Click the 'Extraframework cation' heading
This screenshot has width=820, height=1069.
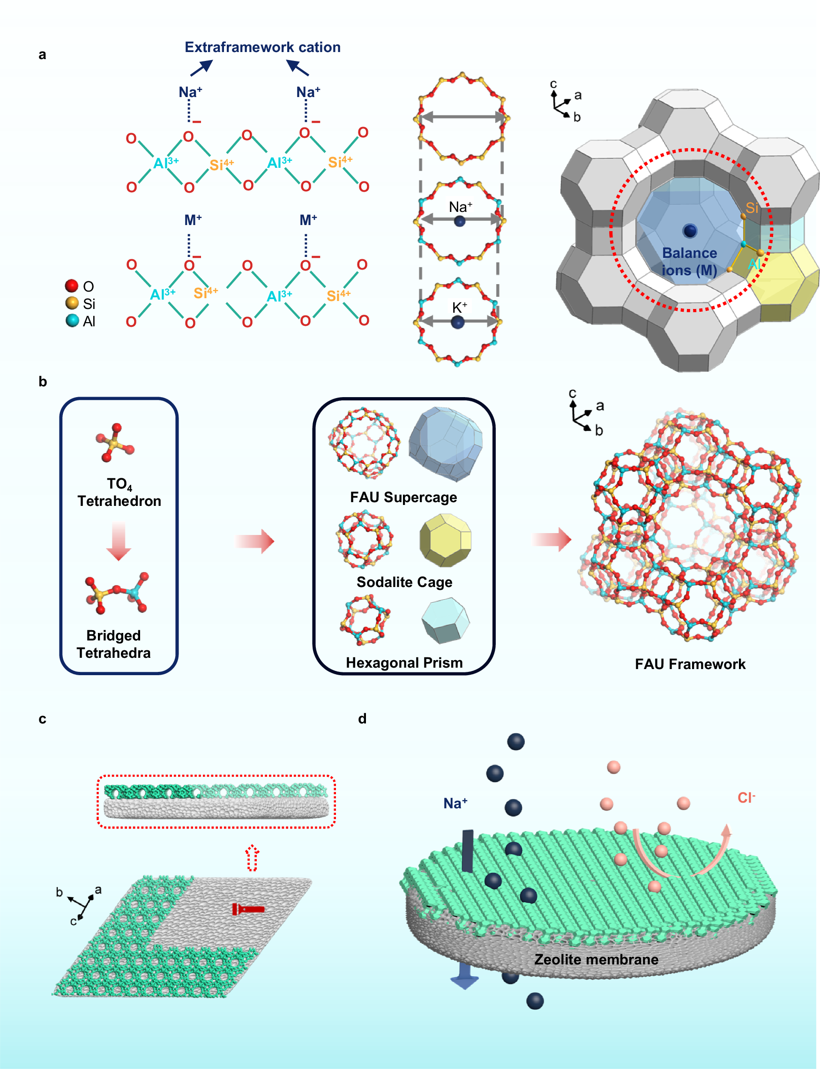pos(262,47)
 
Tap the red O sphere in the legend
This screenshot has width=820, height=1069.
pos(72,286)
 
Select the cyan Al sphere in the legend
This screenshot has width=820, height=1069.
pos(72,320)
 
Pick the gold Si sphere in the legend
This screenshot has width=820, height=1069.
pos(72,303)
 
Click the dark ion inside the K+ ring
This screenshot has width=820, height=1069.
pos(457,322)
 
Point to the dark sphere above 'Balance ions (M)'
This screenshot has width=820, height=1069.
pos(690,231)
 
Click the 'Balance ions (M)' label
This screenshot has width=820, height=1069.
pos(689,262)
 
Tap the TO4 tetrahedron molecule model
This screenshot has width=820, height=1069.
pos(115,443)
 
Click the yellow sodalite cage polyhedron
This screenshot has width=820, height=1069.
pos(446,540)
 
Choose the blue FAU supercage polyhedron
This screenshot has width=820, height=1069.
pos(445,444)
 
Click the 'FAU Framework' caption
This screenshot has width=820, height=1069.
pos(690,664)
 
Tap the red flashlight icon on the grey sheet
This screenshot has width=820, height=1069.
pos(248,909)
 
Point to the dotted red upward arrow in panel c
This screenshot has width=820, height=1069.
pos(252,858)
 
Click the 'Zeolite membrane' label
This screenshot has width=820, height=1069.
pos(596,960)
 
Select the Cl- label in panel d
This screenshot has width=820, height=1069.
pos(746,798)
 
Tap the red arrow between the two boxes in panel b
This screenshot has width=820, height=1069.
pos(255,541)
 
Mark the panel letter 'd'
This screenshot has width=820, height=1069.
pos(362,718)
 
